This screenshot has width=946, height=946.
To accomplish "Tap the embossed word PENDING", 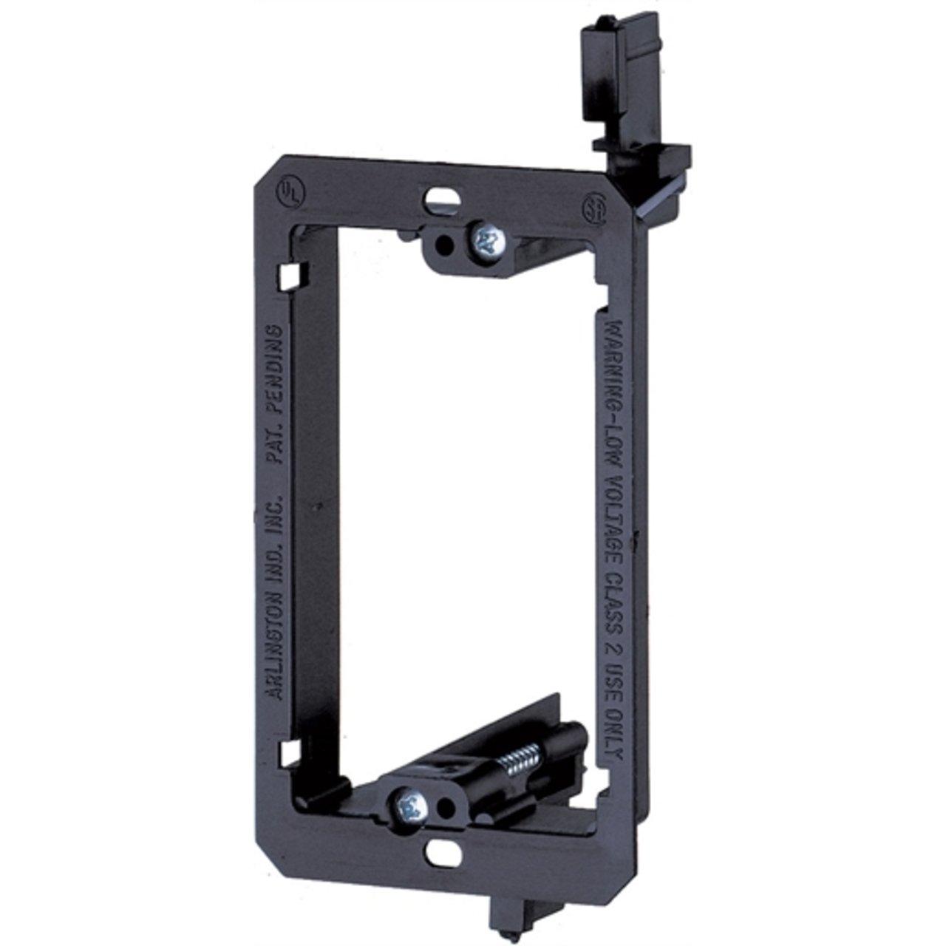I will click(x=277, y=353).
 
